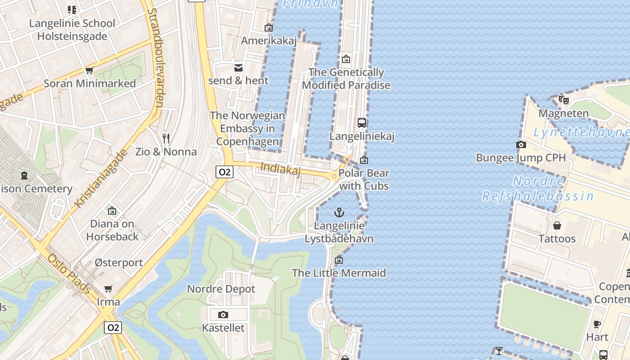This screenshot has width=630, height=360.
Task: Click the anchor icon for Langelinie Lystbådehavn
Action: coord(339,212)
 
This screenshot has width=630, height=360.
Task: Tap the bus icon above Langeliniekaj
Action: coord(361,122)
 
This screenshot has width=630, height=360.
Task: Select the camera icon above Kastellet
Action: coord(223,315)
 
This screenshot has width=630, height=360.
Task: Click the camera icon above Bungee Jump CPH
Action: coord(521,144)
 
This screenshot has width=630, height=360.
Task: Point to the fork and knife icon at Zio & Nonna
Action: coord(166,138)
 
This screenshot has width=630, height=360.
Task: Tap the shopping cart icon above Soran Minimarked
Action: coord(89,70)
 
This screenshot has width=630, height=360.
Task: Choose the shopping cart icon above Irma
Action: coord(108,288)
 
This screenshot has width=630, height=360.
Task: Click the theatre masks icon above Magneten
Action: coord(563,99)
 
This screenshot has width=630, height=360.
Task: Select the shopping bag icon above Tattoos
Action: coord(557,225)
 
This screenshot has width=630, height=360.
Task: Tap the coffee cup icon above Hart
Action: coord(597,324)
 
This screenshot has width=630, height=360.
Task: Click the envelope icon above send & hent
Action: coord(238,67)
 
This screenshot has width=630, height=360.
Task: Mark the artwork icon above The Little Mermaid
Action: coord(339,260)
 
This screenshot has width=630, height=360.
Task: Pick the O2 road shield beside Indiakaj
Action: coord(224,171)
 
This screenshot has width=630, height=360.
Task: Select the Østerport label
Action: coord(118,262)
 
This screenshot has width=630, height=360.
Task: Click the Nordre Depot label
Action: coord(221,289)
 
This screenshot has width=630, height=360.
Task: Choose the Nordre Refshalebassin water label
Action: coord(538,189)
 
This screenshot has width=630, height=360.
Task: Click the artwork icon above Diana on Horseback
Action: coord(112,210)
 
